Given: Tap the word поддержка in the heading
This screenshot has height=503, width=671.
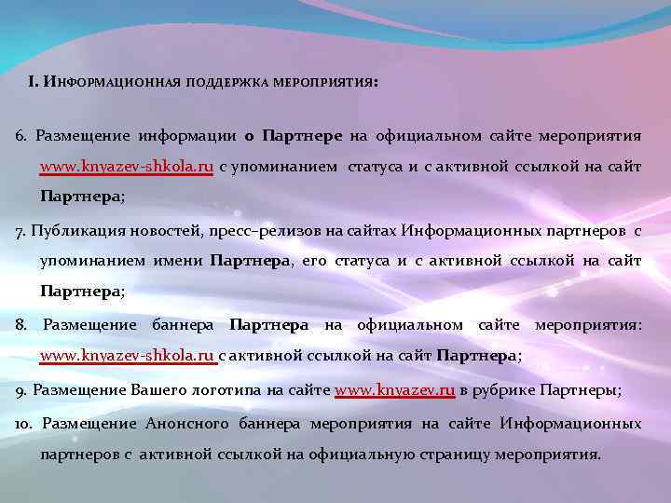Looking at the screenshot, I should (x=226, y=82).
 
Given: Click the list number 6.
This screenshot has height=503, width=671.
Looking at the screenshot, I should (x=21, y=136).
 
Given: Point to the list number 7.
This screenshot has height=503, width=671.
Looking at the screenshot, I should (x=21, y=230).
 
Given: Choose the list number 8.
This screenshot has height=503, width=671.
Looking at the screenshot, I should (x=21, y=325).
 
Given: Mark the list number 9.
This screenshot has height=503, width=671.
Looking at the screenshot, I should (x=21, y=390).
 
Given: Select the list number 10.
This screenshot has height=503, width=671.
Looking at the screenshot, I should (x=24, y=424).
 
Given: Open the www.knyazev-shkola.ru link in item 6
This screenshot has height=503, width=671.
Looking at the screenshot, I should (x=127, y=168).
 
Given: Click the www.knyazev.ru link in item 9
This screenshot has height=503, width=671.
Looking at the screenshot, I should (x=394, y=390).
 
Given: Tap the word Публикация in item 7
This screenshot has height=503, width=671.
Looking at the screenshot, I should (x=71, y=230).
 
